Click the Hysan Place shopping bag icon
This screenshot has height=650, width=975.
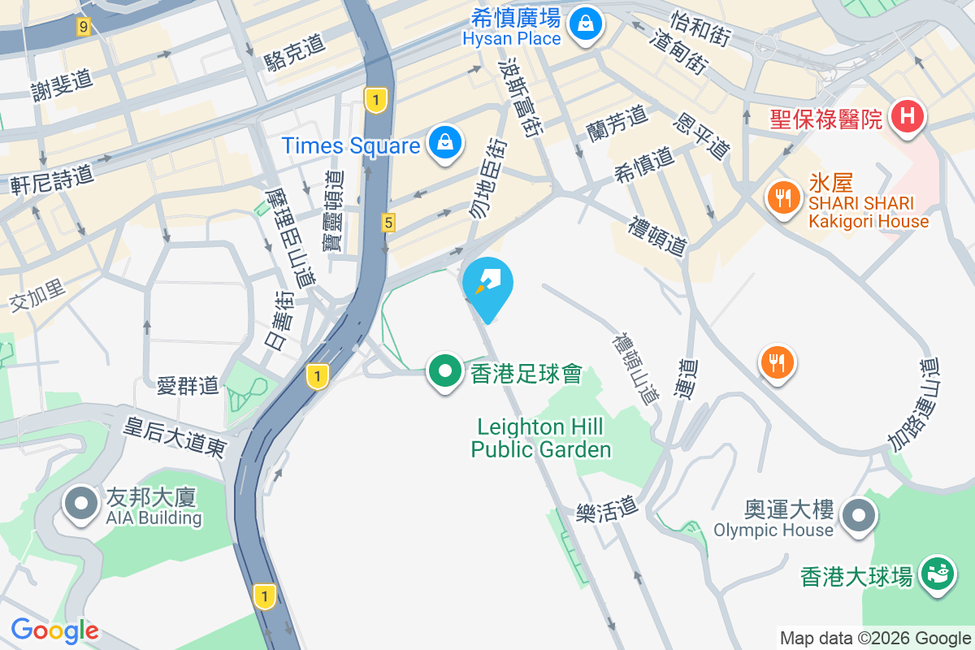click(x=585, y=24)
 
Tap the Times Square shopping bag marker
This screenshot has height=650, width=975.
click(x=445, y=144)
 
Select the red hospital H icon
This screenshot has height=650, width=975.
click(x=908, y=116)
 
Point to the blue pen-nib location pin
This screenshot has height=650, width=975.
click(x=487, y=285)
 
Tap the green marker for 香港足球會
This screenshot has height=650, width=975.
click(x=445, y=372)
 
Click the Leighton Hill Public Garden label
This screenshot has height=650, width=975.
click(x=541, y=438)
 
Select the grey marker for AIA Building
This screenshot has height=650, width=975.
click(x=80, y=504)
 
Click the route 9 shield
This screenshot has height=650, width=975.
click(x=83, y=28)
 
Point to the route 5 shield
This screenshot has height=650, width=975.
click(x=389, y=222)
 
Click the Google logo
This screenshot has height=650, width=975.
click(x=54, y=630)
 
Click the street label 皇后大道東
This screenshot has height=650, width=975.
click(x=174, y=437)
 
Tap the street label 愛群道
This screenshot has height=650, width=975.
click(x=188, y=385)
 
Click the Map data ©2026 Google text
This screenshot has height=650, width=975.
click(x=875, y=639)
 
